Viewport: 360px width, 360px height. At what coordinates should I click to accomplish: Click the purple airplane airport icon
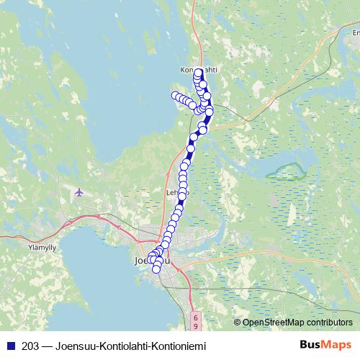tap(78, 192)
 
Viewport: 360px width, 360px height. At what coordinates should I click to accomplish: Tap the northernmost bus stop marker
tap(199, 73)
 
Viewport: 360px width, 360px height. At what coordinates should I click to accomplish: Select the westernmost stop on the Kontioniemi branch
tap(174, 95)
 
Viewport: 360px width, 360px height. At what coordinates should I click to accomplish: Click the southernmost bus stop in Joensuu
tap(156, 269)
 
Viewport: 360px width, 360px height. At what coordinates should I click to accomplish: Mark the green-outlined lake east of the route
tap(287, 171)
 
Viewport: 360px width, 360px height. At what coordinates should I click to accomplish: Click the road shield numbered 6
tap(194, 315)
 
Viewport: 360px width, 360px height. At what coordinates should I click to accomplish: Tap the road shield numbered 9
tap(194, 325)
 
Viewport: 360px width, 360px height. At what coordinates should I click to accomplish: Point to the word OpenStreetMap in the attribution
tap(274, 323)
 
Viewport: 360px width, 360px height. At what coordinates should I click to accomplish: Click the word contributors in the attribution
tap(330, 323)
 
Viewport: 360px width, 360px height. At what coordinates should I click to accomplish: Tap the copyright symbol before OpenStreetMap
tap(238, 323)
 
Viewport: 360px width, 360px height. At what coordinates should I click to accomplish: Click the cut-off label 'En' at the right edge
tap(355, 32)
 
